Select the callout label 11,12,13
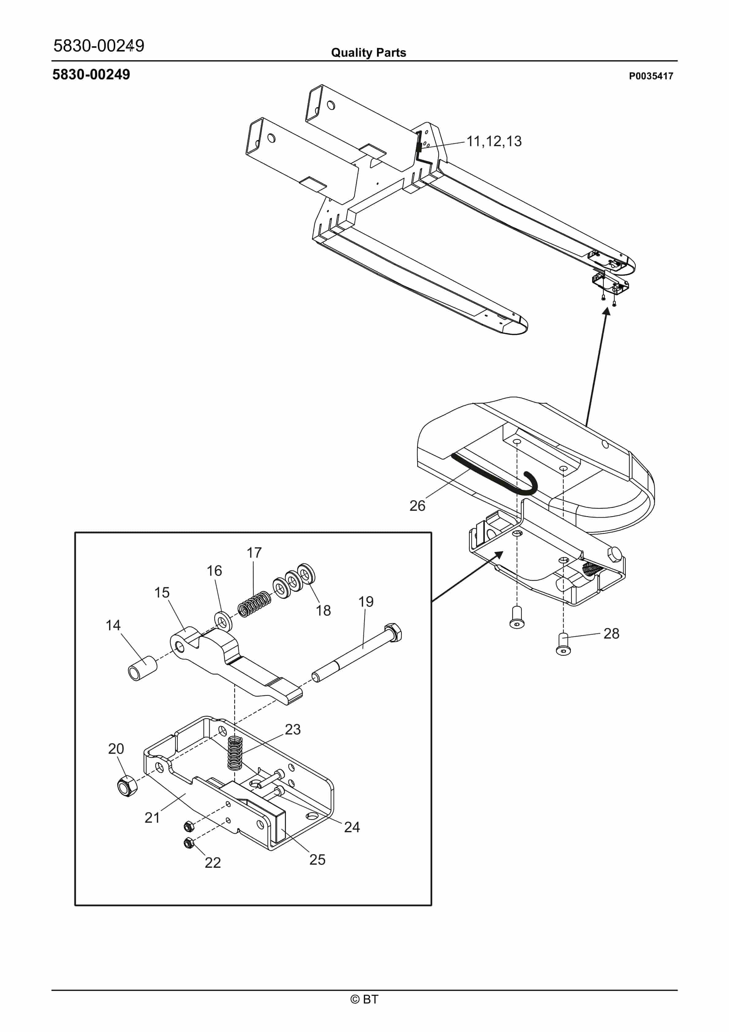coord(494,141)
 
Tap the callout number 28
coord(611,633)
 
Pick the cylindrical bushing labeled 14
coord(142,668)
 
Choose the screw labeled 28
coord(563,644)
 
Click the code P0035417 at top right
coord(651,76)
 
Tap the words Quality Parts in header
coord(368,53)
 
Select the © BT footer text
coord(364,999)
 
